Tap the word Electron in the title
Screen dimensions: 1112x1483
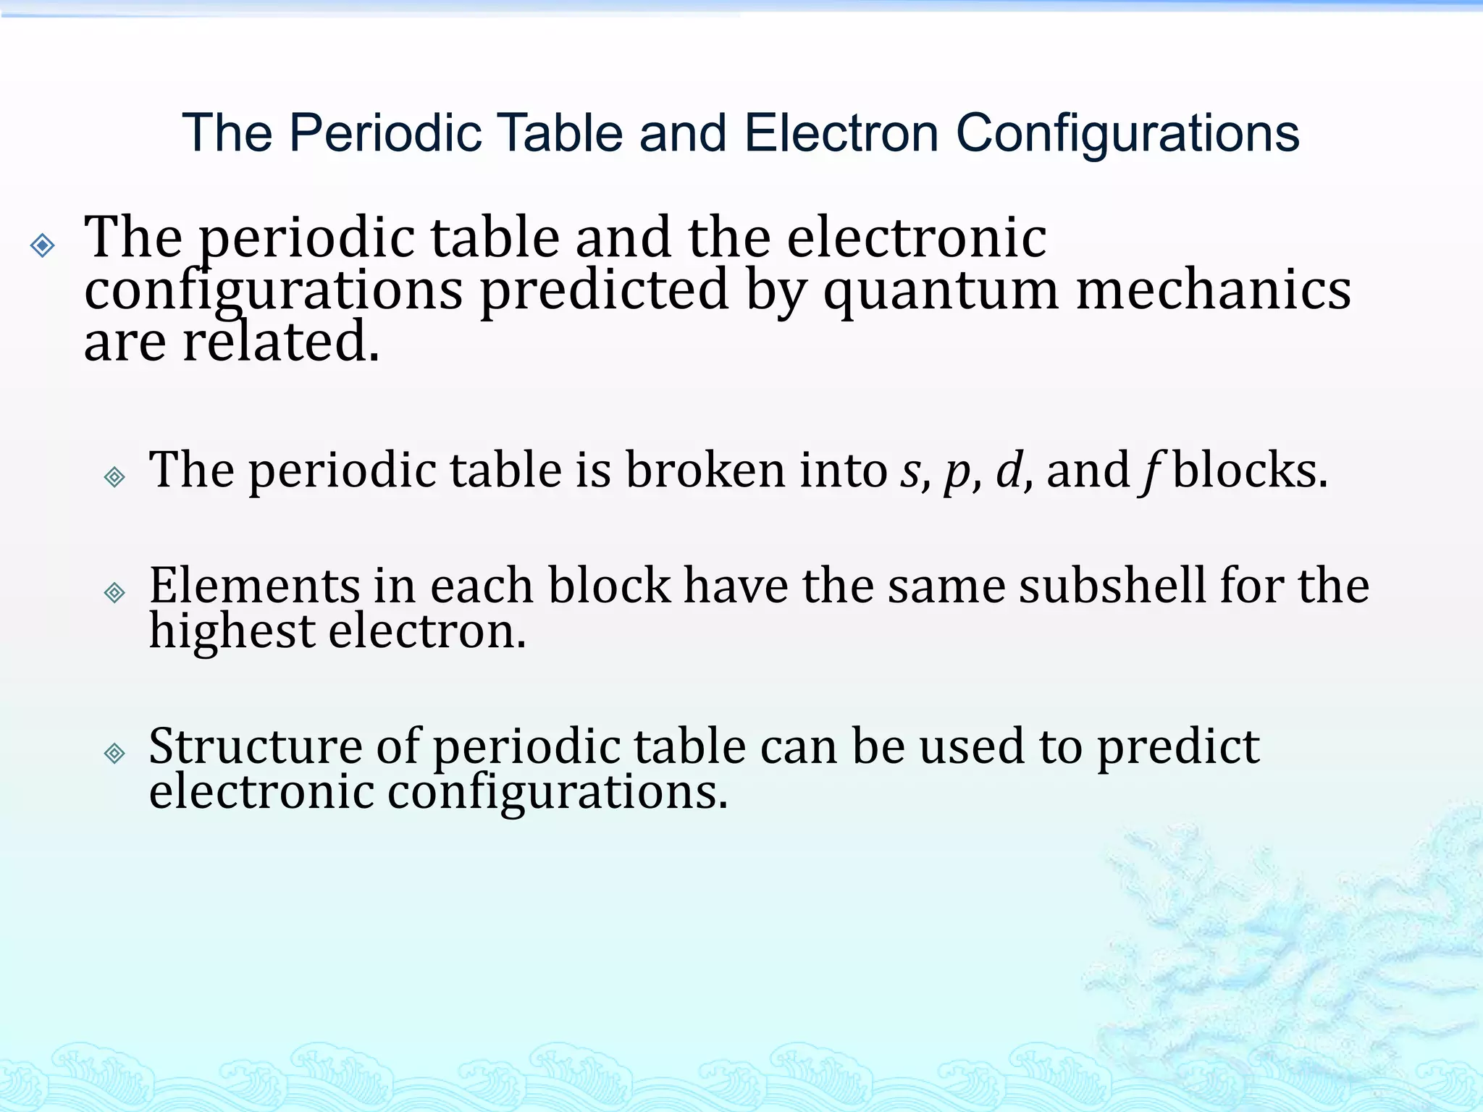(841, 134)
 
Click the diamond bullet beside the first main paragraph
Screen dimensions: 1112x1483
(43, 245)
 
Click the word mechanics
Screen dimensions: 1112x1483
(1213, 290)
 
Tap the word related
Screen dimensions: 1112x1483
(281, 342)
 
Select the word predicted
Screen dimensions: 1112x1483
(605, 290)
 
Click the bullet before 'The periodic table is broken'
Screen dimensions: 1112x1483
(114, 476)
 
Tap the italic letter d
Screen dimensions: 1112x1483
(1009, 470)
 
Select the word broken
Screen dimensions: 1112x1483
(705, 470)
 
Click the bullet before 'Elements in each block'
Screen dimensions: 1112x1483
(114, 593)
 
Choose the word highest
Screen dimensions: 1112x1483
(232, 632)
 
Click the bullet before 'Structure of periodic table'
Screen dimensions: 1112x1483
(114, 754)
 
